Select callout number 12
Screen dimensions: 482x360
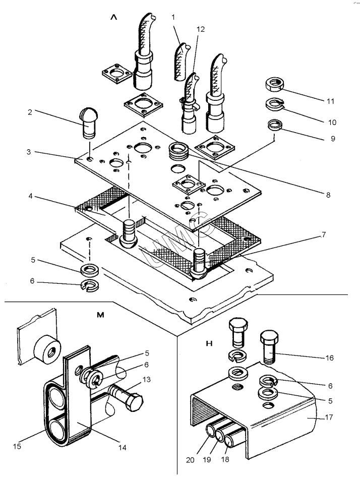coord(201,30)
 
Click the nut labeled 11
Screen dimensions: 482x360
coord(276,83)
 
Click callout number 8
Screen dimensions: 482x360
coord(328,194)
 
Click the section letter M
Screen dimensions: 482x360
coord(100,315)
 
